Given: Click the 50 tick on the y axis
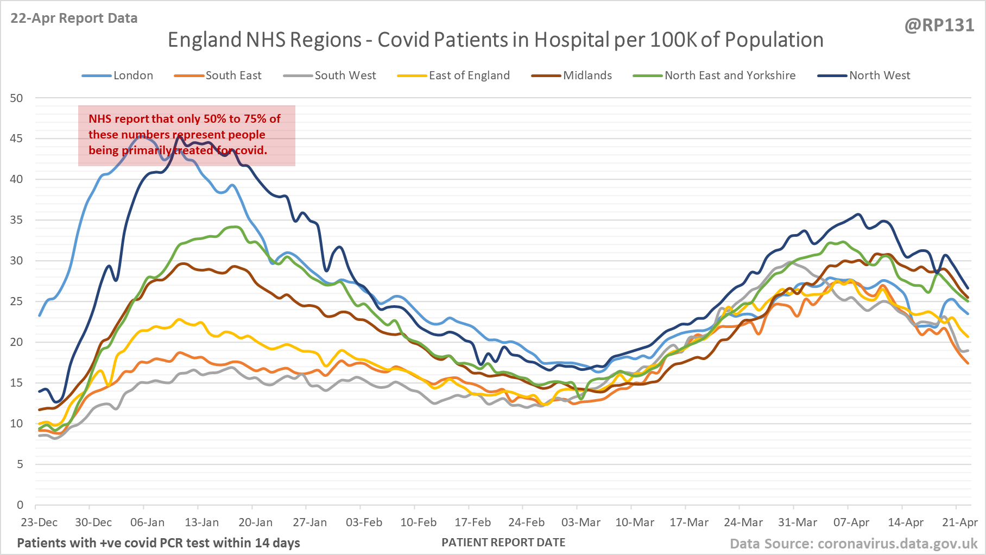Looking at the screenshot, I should pyautogui.click(x=17, y=98).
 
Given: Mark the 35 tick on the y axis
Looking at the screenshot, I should pyautogui.click(x=17, y=220).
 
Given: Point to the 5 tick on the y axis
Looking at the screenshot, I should pyautogui.click(x=20, y=464).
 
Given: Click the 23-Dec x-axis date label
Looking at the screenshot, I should pyautogui.click(x=39, y=522).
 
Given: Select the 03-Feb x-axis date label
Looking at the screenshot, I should pyautogui.click(x=364, y=522).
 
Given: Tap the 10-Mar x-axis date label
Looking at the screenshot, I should pyautogui.click(x=634, y=522).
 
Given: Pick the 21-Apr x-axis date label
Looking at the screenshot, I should pyautogui.click(x=959, y=522).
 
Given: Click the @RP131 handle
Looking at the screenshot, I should pyautogui.click(x=939, y=26).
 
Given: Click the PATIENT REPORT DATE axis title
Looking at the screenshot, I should pyautogui.click(x=503, y=543).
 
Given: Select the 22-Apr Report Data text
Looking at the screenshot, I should pyautogui.click(x=74, y=18).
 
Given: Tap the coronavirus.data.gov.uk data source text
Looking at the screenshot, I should pyautogui.click(x=897, y=544).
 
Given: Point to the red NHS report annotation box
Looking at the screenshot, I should pyautogui.click(x=186, y=135).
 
